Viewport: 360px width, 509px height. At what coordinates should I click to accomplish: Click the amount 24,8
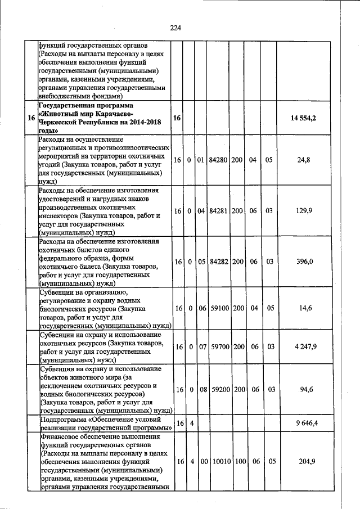click(304, 160)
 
